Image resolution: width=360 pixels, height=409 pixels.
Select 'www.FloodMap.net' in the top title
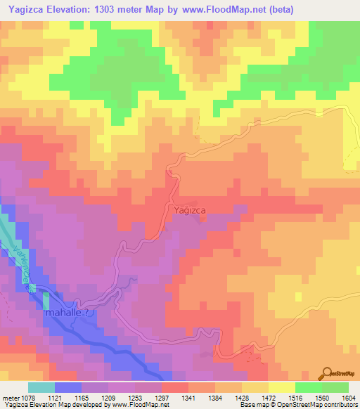pos(224,9)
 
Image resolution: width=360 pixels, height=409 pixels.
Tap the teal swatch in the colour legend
pos(41,387)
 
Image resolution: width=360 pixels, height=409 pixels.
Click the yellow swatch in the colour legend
pos(282,387)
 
